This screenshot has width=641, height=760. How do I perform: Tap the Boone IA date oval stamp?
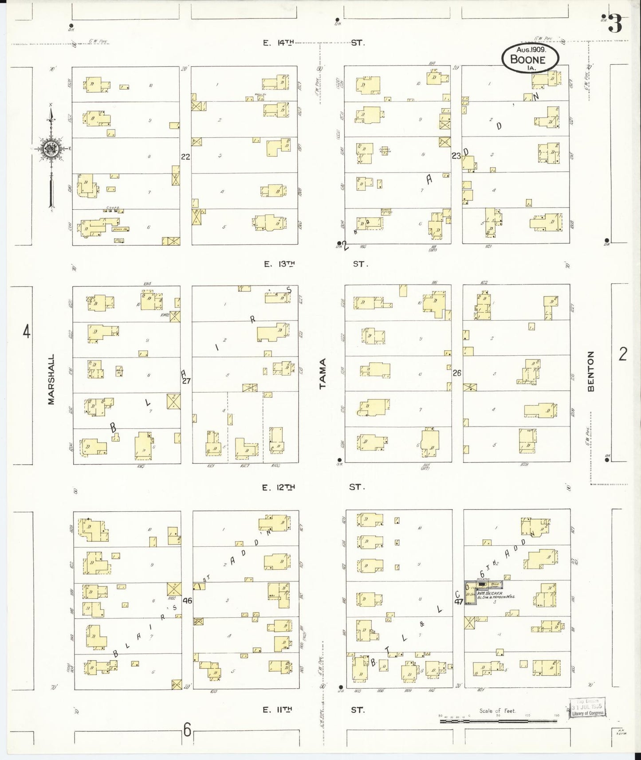[x=530, y=59]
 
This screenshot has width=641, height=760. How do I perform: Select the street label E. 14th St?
[x=313, y=43]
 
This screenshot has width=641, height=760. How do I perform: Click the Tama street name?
[x=322, y=374]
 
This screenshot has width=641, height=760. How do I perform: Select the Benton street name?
[x=591, y=372]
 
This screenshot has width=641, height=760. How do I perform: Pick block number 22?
[x=185, y=157]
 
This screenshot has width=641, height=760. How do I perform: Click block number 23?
[x=456, y=156]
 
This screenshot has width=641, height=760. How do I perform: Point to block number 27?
[x=186, y=380]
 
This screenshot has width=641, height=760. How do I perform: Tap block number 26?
[x=457, y=373]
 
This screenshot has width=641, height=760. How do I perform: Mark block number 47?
[x=458, y=602]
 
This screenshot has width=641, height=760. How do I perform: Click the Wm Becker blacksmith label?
[x=495, y=595]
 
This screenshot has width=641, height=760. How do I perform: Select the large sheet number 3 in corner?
[x=614, y=23]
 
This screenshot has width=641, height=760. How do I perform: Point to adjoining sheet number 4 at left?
[x=27, y=332]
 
